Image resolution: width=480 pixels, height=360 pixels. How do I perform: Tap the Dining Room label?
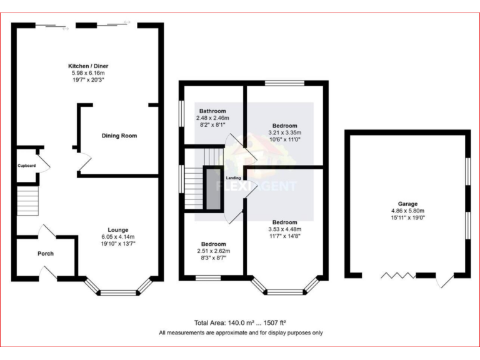point(119,136)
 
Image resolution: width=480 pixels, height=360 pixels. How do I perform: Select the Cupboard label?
point(27,166)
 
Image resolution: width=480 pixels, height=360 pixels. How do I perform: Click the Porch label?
point(46,254)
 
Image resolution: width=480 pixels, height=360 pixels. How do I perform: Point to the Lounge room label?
point(117,229)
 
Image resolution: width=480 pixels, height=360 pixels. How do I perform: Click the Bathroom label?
point(212,111)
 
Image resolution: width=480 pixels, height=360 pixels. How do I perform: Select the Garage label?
point(408,204)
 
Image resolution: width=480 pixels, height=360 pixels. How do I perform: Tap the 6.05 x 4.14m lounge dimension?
point(117,237)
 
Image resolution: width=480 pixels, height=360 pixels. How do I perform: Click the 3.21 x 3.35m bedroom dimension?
point(284,132)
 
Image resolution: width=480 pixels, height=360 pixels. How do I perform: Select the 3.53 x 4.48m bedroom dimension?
point(284,229)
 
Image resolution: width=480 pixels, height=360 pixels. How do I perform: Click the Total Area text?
point(240,323)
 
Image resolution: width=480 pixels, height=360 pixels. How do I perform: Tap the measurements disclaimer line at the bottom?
point(241,333)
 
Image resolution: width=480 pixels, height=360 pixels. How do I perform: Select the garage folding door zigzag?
point(395,275)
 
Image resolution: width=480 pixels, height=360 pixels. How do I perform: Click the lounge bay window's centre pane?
point(118,292)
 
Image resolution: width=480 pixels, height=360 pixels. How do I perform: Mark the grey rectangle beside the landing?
point(214,188)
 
